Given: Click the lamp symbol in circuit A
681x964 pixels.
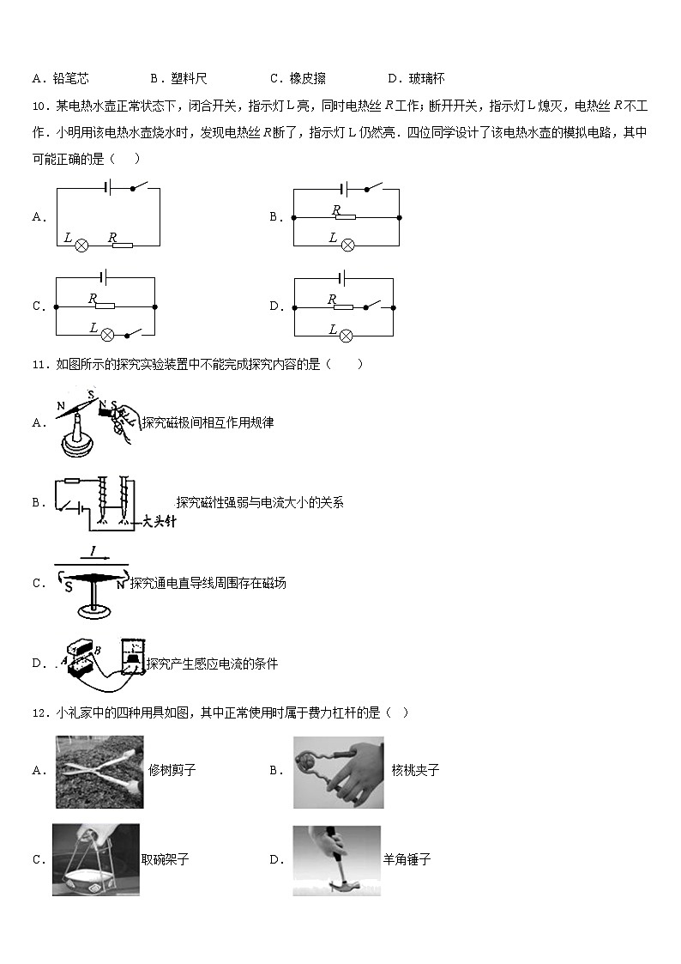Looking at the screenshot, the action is [x=82, y=245].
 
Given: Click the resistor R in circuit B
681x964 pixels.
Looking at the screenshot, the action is [x=345, y=218].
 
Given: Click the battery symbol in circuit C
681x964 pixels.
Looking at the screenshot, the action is [x=104, y=277].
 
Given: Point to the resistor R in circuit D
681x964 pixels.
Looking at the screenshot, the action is [x=343, y=306].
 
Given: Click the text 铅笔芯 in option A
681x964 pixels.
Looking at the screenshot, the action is [x=70, y=79].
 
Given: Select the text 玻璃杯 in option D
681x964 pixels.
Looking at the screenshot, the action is [x=426, y=79].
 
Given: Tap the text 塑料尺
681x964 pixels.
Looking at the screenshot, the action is [x=189, y=79].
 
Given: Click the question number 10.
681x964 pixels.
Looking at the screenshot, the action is [x=39, y=106].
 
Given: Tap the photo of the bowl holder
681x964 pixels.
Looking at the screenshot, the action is [x=95, y=859].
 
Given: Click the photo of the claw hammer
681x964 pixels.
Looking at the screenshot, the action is [x=336, y=860].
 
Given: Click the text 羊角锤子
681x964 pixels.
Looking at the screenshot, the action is [x=407, y=859].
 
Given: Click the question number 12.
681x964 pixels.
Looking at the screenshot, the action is [x=39, y=712].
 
